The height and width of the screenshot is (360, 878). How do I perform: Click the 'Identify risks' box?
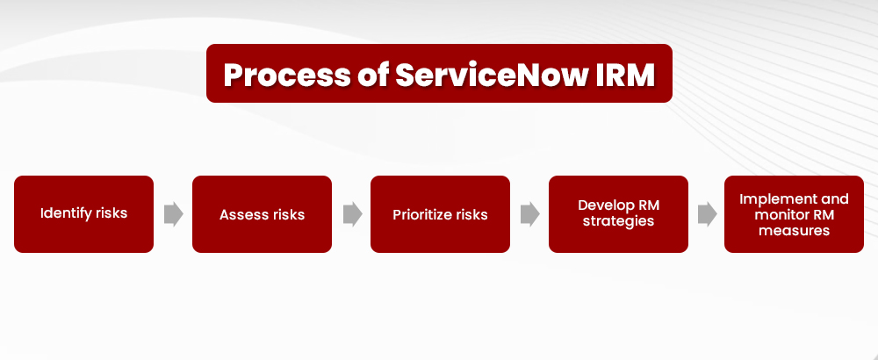click(x=83, y=214)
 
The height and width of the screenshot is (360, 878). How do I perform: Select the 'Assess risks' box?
click(x=262, y=214)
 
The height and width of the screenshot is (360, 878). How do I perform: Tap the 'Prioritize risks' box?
click(x=440, y=214)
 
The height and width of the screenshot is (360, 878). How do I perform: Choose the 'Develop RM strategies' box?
click(x=618, y=214)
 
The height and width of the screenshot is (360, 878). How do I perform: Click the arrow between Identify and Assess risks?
click(x=173, y=214)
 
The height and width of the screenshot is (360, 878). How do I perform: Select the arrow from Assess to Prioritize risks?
click(x=351, y=214)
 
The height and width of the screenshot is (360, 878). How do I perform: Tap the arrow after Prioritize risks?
click(x=529, y=214)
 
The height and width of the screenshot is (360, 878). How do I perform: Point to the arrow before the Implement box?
click(x=707, y=214)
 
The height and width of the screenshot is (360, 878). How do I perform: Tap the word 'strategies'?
click(x=618, y=222)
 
